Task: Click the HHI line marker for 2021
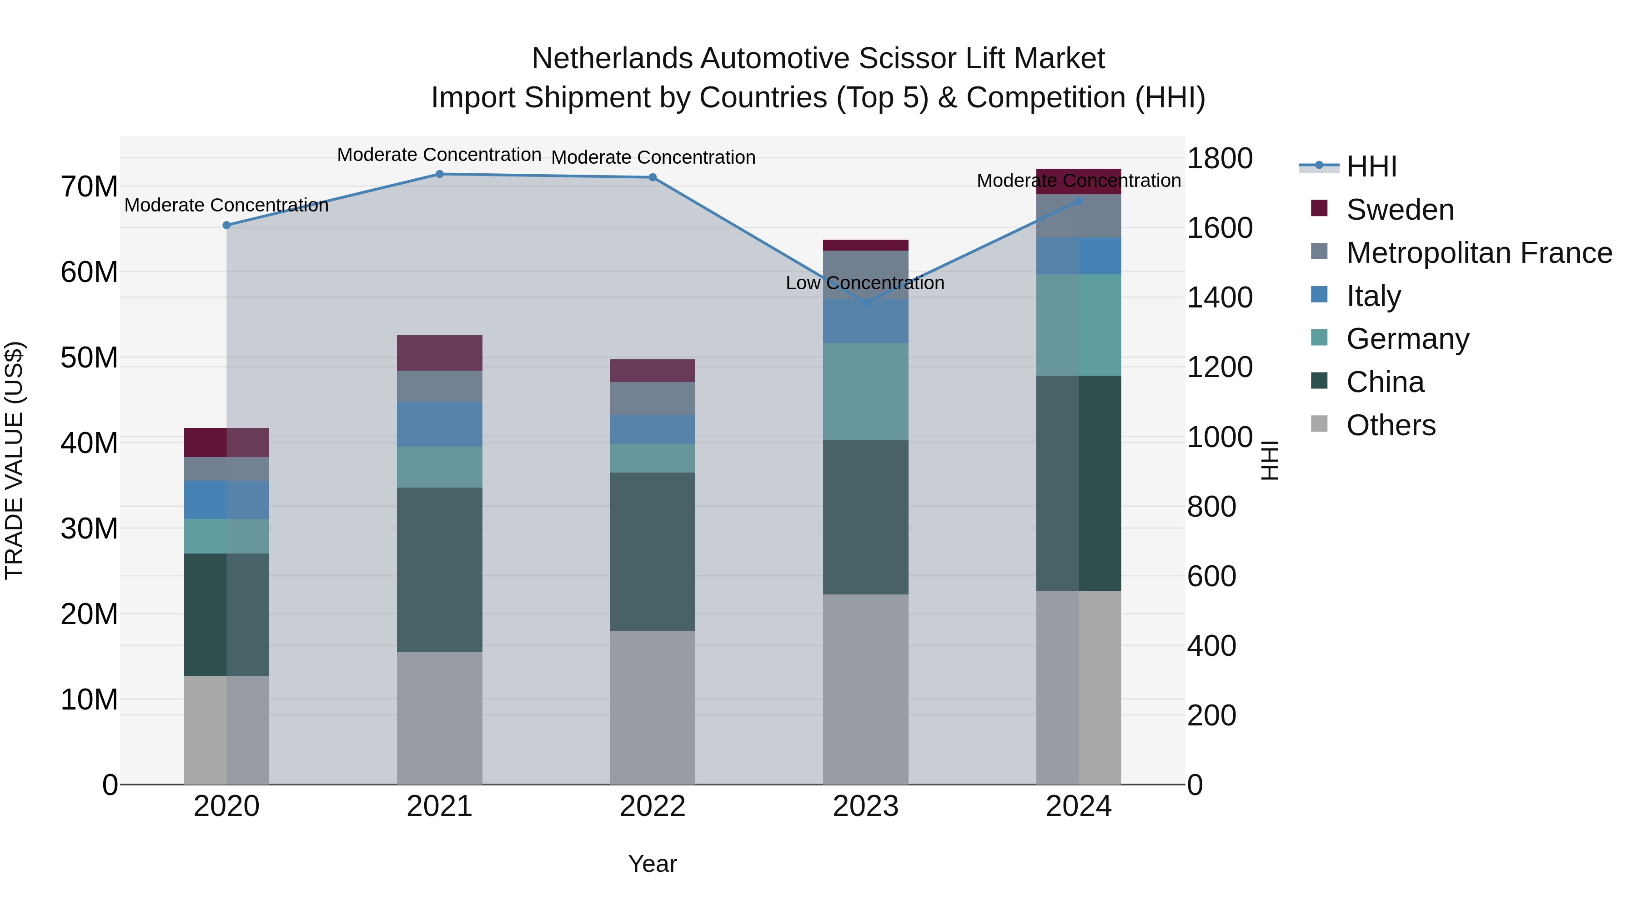[439, 174]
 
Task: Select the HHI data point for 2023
[865, 303]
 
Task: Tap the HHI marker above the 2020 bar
[226, 225]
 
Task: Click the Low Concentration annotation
[864, 283]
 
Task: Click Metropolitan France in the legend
[1479, 253]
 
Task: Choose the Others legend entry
[1391, 425]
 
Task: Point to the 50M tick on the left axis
[89, 358]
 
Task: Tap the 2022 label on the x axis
[652, 806]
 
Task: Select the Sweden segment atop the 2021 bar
[439, 353]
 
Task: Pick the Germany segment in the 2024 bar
[1079, 325]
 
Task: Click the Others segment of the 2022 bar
[652, 707]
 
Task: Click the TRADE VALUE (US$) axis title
[14, 460]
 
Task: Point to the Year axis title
[652, 864]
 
